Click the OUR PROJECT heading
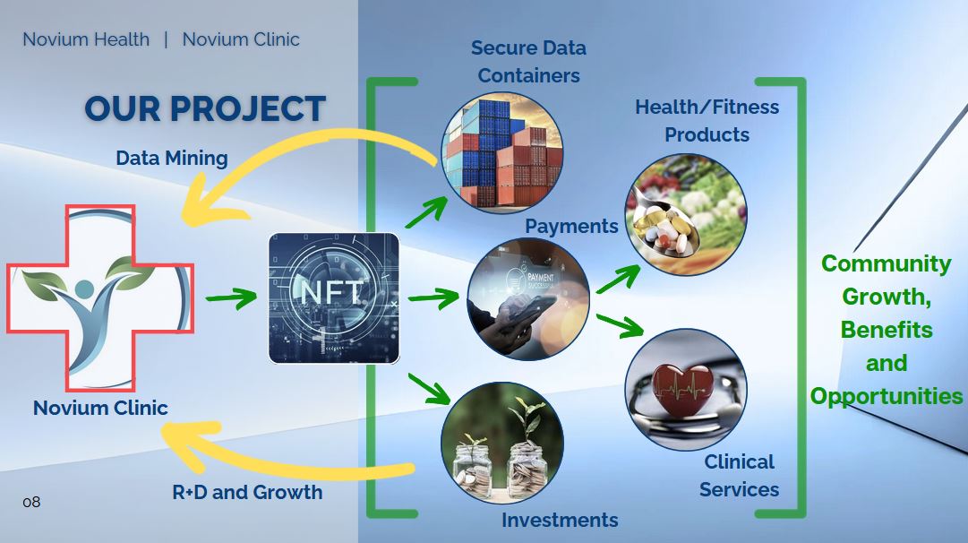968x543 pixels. point(204,108)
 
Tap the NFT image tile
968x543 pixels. point(334,297)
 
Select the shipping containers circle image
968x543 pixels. point(502,153)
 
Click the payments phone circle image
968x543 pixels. point(528,299)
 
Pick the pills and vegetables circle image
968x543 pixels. point(685,214)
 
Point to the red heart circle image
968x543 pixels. point(685,389)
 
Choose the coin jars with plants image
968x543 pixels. point(502,443)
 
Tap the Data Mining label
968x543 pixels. point(172,159)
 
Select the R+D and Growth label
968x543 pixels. point(247,492)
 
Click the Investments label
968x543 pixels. point(560,520)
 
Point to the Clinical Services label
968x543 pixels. point(739,476)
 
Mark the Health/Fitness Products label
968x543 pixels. point(707,120)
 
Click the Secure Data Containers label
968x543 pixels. point(528,61)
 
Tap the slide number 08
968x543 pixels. point(31,502)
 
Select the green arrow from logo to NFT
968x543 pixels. point(231,297)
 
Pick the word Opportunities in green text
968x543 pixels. point(887,396)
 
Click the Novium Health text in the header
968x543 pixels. point(86,39)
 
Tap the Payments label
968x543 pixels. point(571,226)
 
